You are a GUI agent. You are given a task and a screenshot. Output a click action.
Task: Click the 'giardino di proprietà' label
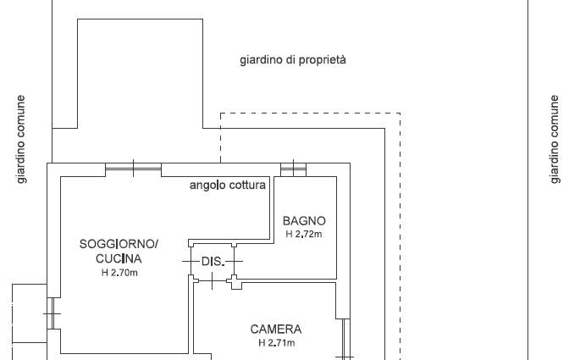coord(293,60)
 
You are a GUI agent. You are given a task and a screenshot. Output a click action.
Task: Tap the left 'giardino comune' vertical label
coord(21,139)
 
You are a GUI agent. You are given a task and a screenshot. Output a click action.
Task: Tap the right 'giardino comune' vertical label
coord(554,139)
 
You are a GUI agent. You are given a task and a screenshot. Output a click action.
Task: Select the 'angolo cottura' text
coord(228,185)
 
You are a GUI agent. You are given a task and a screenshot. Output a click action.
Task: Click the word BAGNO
coord(304,221)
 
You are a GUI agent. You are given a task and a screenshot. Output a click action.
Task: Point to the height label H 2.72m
coord(304,234)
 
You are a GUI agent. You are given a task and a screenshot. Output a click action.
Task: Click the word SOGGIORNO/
coord(119,244)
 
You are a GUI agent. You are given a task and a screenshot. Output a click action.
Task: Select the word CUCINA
coord(119,258)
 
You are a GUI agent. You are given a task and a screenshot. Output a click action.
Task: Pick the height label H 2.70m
coord(119,273)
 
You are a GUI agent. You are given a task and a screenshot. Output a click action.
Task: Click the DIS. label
coord(213,262)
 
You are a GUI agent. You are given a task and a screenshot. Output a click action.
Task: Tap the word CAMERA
coord(275,330)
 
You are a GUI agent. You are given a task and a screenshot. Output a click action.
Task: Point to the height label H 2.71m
coord(277,343)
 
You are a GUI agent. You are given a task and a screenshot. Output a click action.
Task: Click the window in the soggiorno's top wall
coord(133,169)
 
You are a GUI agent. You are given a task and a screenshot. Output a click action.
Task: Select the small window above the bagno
coord(293,169)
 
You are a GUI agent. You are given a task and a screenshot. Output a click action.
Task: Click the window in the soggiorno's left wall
coord(52,313)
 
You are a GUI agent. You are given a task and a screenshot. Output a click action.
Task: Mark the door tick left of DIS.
coord(191,262)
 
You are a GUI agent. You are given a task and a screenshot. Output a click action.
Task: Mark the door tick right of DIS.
coord(235,262)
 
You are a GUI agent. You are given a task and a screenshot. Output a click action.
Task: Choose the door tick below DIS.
coord(212,281)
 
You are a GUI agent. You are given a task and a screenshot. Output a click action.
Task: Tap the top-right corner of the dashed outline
coord(400,114)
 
